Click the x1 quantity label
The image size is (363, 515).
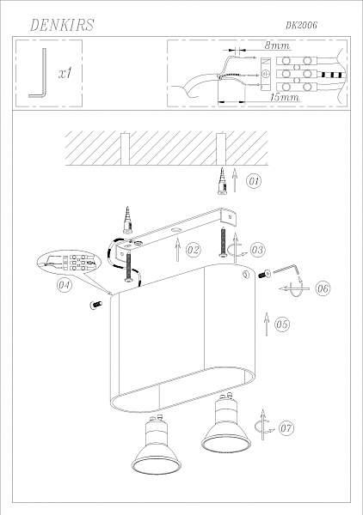[x=64, y=75]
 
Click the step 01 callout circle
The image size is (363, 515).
[x=253, y=181]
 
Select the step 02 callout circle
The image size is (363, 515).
[x=193, y=250]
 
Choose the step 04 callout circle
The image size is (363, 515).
[x=64, y=286]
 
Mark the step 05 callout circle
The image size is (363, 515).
[x=283, y=324]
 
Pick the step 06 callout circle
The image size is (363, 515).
[x=323, y=288]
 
